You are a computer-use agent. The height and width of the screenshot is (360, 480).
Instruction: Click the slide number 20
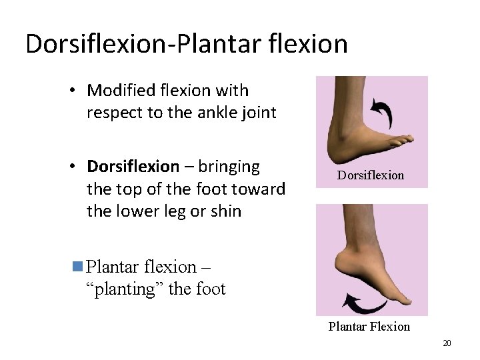[447, 343]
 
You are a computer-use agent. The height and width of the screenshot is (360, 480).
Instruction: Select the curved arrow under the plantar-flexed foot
[365, 304]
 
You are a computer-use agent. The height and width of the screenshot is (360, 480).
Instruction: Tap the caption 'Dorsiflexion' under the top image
[370, 175]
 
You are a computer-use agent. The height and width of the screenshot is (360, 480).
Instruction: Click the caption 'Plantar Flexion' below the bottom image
[369, 326]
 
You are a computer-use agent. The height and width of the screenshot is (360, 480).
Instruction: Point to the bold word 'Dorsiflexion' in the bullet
[133, 165]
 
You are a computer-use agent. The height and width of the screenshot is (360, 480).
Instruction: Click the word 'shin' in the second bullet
[226, 211]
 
